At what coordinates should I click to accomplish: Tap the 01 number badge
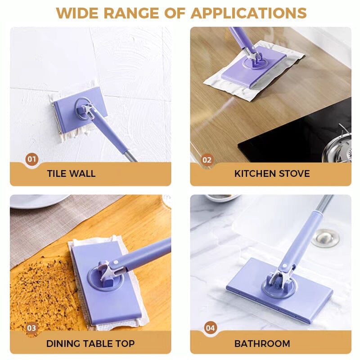[31, 159]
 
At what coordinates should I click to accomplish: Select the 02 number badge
[207, 159]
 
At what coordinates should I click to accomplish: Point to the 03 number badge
[31, 328]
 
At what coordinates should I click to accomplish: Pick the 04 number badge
[210, 328]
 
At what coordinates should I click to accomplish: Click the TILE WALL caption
[71, 174]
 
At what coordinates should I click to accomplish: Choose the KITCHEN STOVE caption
[272, 174]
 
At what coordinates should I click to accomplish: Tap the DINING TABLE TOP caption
[90, 344]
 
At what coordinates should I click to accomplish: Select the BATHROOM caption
[262, 344]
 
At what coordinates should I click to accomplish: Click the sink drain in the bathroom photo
[325, 237]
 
